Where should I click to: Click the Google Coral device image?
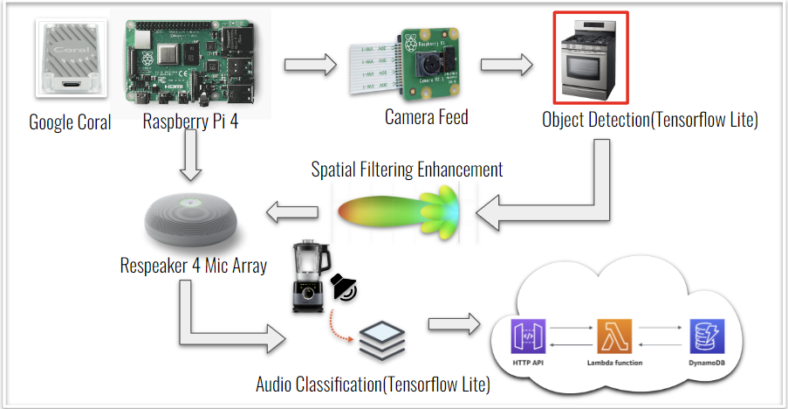[x=72, y=58]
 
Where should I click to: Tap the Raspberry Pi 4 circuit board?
[x=190, y=62]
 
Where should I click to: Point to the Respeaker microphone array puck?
[x=190, y=222]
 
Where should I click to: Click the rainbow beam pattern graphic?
[x=400, y=211]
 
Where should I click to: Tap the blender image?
[x=311, y=277]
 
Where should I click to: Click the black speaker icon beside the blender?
[x=344, y=288]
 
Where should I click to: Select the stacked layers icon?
[x=382, y=341]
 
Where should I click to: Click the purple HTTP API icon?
[x=528, y=336]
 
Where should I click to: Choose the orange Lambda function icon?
[x=614, y=336]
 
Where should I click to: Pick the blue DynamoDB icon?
[x=707, y=336]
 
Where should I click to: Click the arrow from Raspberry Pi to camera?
[x=310, y=65]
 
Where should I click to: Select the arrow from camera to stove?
[x=506, y=65]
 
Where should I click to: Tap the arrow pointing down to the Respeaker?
[x=190, y=155]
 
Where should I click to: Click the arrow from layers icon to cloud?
[x=454, y=323]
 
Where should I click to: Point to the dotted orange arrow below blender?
[x=337, y=328]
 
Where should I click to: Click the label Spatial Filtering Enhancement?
[x=407, y=170]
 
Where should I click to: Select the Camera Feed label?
[x=426, y=117]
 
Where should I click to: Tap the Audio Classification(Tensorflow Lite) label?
[x=373, y=385]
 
